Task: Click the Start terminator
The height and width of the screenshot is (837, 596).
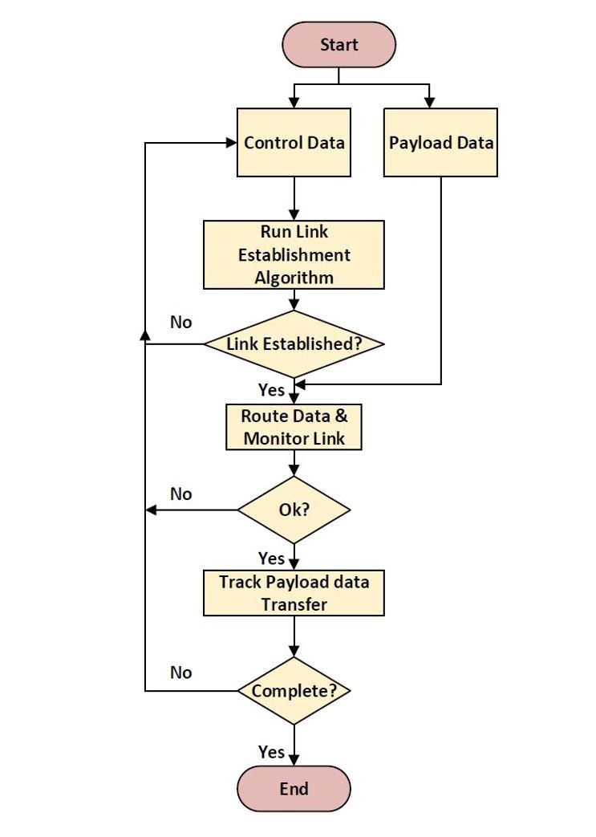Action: (338, 44)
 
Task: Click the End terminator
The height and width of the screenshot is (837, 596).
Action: (294, 788)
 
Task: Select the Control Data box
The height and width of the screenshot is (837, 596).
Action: (294, 143)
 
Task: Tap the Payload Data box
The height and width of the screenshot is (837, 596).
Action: (440, 143)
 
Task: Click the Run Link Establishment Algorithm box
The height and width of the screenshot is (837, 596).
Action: (294, 255)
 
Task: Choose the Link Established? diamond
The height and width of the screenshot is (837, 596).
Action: (294, 344)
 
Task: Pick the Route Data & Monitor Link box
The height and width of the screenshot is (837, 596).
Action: (294, 428)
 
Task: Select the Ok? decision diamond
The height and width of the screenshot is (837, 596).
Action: (294, 510)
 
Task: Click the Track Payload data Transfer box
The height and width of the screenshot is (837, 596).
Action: (294, 593)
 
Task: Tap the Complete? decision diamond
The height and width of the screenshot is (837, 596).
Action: (294, 691)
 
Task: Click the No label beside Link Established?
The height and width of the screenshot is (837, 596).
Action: (181, 322)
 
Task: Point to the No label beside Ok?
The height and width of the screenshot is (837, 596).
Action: (181, 494)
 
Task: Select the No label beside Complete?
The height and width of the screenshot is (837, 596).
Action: (181, 672)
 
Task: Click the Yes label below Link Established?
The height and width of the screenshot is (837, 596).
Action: (271, 389)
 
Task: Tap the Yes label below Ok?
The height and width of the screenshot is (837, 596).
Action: (271, 557)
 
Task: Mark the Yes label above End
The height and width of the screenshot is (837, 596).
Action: (271, 751)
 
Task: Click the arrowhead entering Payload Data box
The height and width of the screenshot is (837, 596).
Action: (430, 103)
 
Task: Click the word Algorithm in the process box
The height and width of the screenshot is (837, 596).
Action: (294, 278)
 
